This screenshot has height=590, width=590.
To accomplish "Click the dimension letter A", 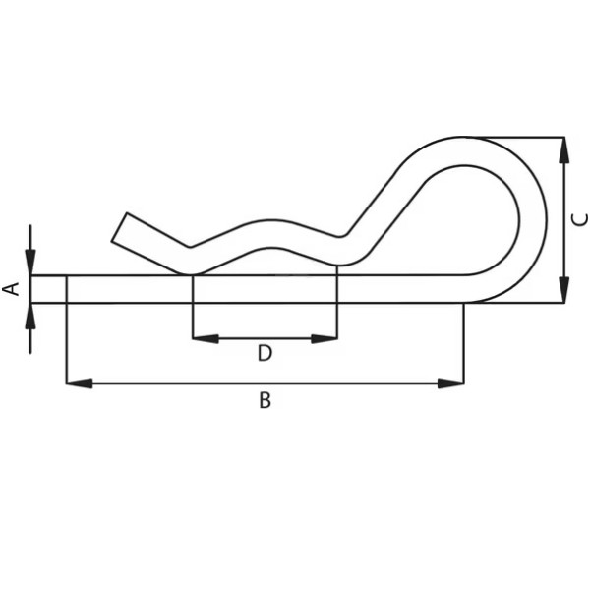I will pyautogui.click(x=12, y=288).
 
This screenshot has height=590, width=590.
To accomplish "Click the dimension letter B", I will pyautogui.click(x=265, y=401).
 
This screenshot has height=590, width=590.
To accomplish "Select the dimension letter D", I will pyautogui.click(x=265, y=354).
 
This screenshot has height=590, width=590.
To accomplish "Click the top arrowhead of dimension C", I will pyautogui.click(x=563, y=149).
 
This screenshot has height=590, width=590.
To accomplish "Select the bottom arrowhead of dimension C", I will pyautogui.click(x=563, y=289).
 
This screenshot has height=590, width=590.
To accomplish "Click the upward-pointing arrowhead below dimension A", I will pyautogui.click(x=30, y=316).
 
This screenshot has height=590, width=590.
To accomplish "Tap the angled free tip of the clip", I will pyautogui.click(x=120, y=228).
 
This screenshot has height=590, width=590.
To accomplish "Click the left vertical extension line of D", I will pyautogui.click(x=193, y=315).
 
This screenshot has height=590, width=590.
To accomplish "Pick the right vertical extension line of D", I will pyautogui.click(x=337, y=315).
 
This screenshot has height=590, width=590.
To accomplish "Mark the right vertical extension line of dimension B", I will pyautogui.click(x=463, y=344).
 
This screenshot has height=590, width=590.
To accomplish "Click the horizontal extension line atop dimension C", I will pyautogui.click(x=521, y=137).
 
